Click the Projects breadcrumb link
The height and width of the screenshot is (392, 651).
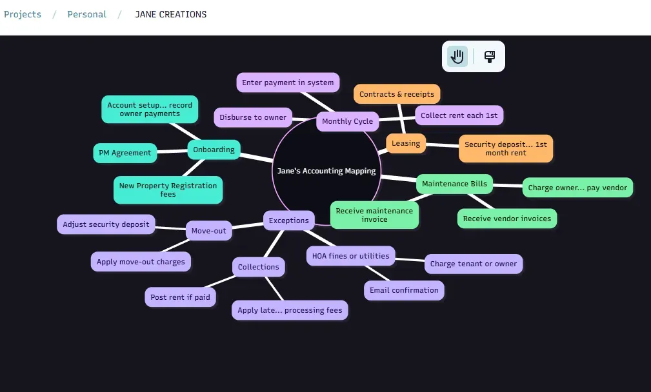coord(23,14)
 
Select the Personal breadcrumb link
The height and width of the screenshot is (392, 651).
coord(86,14)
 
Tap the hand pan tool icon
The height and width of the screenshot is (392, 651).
coord(457,57)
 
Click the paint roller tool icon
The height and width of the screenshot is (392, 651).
coord(490,57)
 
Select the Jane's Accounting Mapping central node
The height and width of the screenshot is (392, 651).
coord(326,171)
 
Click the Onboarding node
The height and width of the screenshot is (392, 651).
coord(214,150)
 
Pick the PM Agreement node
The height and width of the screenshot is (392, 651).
coord(125,153)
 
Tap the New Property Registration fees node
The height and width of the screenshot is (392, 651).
coord(168,190)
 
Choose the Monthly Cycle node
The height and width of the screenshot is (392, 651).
coord(348,121)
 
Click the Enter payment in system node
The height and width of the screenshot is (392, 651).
coord(288,83)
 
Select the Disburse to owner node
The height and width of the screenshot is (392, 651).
coord(253,117)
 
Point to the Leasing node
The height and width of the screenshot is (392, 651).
coord(406,144)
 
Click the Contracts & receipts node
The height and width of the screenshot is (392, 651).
coord(397,94)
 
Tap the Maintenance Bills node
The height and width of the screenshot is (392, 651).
coord(455,184)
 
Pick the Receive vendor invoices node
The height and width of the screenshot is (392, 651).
coord(507,219)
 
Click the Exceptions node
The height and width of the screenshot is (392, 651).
coord(289,220)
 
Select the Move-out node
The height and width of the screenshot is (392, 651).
coord(209,231)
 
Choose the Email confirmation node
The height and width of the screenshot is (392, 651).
coord(404,290)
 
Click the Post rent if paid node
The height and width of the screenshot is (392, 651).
coord(180,297)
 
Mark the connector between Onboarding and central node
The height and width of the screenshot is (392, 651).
coord(257,157)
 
